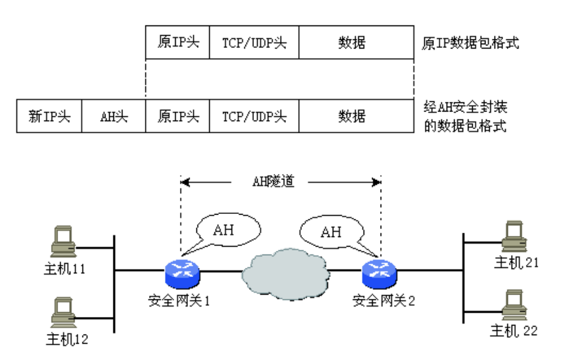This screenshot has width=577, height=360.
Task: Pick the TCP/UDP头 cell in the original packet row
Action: [254, 43]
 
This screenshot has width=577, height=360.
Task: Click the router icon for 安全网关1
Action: [182, 275]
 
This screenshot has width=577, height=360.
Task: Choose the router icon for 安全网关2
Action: [379, 275]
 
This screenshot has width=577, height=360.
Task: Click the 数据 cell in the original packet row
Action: [352, 43]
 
